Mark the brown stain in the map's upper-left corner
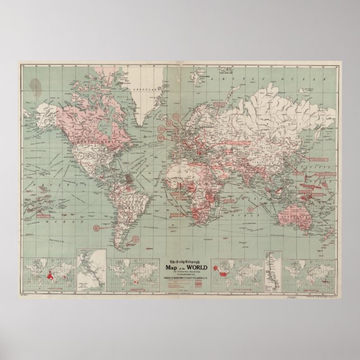[x=36, y=86]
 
